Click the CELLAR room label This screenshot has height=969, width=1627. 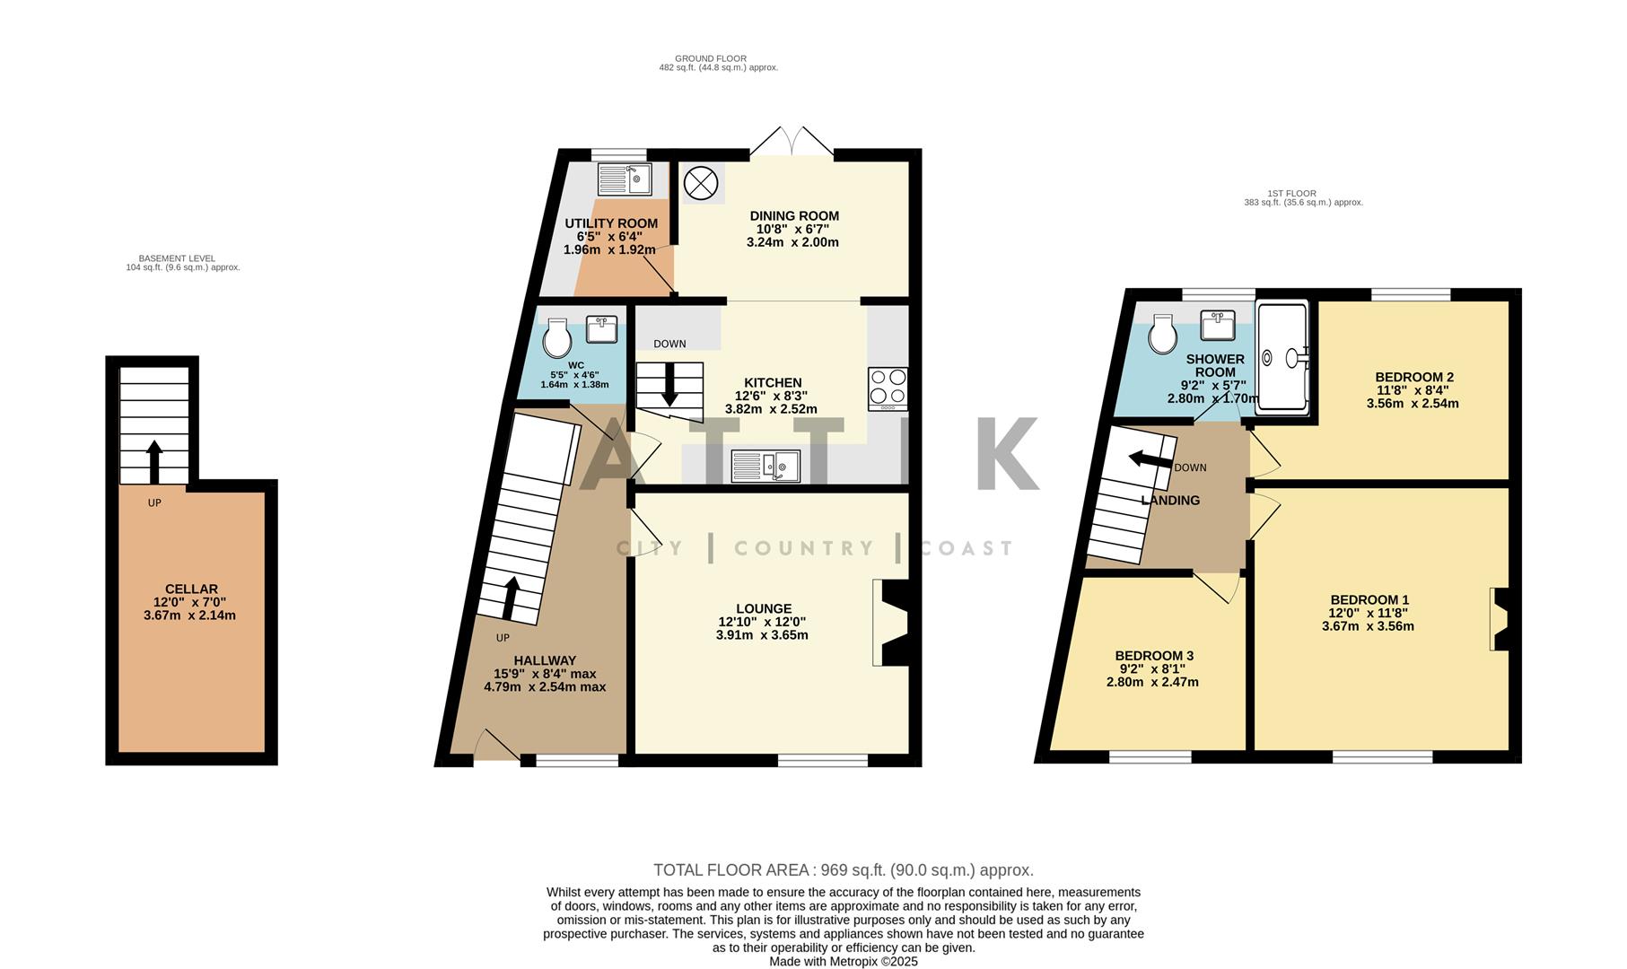[190, 589]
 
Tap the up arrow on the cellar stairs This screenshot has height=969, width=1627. [153, 460]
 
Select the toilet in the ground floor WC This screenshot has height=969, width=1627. [557, 340]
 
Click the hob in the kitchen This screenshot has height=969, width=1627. [888, 388]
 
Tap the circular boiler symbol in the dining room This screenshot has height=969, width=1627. [701, 184]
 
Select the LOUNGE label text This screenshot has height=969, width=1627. [764, 608]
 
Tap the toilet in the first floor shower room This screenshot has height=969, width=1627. [1164, 336]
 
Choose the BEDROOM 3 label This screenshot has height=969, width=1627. [1153, 656]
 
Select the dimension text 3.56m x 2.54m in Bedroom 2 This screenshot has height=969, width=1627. [1412, 404]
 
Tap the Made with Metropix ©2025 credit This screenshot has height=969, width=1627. [843, 961]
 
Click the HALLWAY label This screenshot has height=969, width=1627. [545, 660]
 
